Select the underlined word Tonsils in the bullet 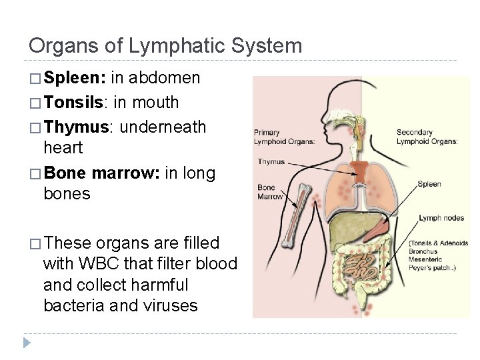(x=73, y=102)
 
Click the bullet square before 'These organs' (x=35, y=243)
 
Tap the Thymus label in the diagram (x=271, y=162)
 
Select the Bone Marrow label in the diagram (x=270, y=192)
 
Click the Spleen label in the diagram (x=429, y=184)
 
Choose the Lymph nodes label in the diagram (x=441, y=218)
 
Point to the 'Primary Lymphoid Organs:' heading (x=276, y=137)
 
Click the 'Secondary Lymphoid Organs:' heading (x=427, y=137)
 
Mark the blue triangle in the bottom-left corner (x=27, y=343)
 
